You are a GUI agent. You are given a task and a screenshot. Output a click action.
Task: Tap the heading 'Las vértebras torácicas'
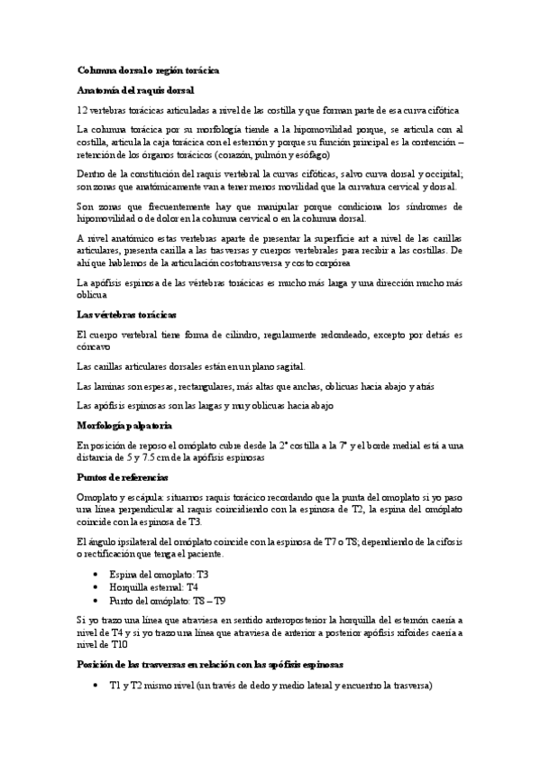click(127, 314)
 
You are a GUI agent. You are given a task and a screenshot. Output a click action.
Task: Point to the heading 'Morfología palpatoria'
click(124, 425)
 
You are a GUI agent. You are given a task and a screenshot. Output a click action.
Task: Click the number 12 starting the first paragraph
click(83, 109)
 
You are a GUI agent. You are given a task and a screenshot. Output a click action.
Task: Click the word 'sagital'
click(288, 366)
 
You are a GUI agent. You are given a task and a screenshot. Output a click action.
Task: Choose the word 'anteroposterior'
click(303, 621)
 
